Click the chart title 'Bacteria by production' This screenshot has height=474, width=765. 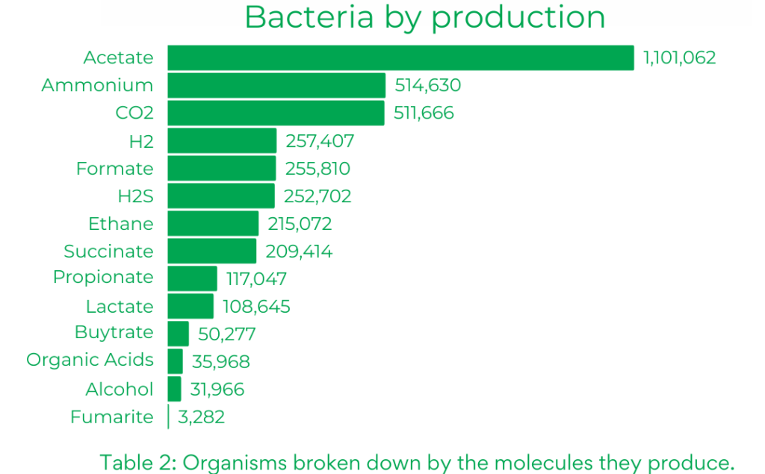(x=424, y=18)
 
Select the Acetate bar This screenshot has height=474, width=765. (x=400, y=58)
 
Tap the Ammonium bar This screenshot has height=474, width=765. (x=276, y=85)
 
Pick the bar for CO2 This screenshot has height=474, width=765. (x=276, y=113)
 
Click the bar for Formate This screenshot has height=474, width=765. (x=221, y=168)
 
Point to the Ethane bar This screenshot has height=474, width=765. (x=213, y=223)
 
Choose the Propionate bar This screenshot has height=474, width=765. (x=192, y=278)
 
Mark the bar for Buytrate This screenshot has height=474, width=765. (x=178, y=334)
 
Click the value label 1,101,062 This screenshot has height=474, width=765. (x=680, y=58)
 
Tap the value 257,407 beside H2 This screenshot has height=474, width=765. (x=320, y=141)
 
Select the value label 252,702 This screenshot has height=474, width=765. (x=318, y=196)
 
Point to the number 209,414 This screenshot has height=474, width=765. (x=299, y=251)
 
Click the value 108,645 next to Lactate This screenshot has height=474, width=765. (x=256, y=306)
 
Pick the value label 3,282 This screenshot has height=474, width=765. (x=201, y=417)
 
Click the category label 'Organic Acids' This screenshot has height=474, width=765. (x=90, y=359)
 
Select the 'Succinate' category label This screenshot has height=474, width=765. (x=108, y=251)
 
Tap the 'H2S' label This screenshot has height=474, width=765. (x=136, y=196)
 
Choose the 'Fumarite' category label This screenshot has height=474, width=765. (x=112, y=417)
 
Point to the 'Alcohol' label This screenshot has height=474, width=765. (x=120, y=389)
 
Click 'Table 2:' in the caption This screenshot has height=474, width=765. (x=137, y=462)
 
